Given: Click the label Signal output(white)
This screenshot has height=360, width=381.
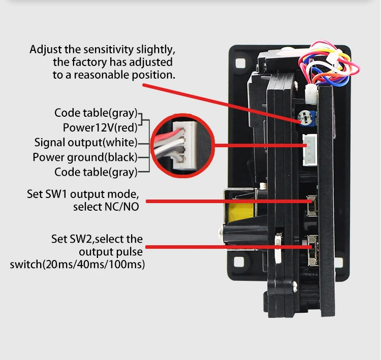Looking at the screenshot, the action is (x=85, y=142).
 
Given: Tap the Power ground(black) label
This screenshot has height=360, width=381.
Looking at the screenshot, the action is (x=84, y=157).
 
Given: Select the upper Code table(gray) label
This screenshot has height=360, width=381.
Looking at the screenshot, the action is (x=96, y=113).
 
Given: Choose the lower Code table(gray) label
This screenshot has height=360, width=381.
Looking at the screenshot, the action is (x=96, y=172).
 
